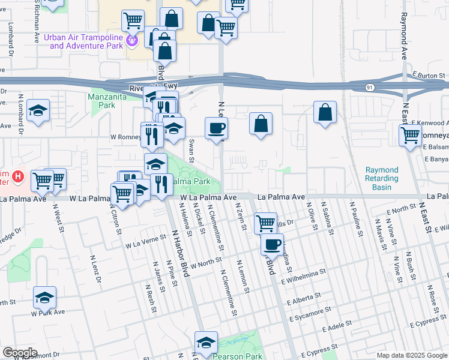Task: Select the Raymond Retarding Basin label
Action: point(382,179)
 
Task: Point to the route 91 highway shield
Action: point(370,88)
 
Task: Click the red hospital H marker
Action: point(18,177)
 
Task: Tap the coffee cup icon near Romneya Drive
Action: point(216,128)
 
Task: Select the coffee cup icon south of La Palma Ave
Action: point(273,244)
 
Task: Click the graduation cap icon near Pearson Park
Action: point(206,342)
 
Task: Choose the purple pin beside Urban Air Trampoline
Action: point(133,41)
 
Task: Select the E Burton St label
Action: point(427,75)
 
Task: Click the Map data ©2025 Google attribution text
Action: point(411,355)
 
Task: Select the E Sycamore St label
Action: point(309,314)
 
